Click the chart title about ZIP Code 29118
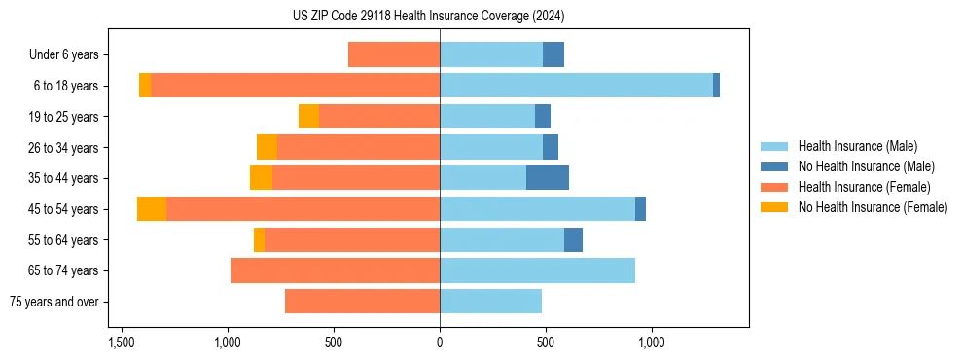(x=428, y=17)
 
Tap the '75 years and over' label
(x=54, y=302)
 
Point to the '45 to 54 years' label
(x=64, y=209)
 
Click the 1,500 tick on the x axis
(x=122, y=342)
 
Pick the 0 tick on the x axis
(x=440, y=342)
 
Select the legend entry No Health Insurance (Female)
(x=873, y=207)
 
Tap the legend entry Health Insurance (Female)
(x=864, y=187)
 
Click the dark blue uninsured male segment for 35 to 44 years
(x=548, y=178)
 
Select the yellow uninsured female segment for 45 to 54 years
(x=152, y=209)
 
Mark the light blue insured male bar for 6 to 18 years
(x=576, y=86)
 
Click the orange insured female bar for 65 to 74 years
(x=335, y=270)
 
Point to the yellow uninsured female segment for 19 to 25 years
(x=308, y=117)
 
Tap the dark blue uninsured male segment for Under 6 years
(x=553, y=55)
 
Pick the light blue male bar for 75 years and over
(x=490, y=302)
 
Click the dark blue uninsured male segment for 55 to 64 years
(x=573, y=239)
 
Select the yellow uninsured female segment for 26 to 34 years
(x=267, y=147)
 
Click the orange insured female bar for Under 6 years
(x=394, y=55)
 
